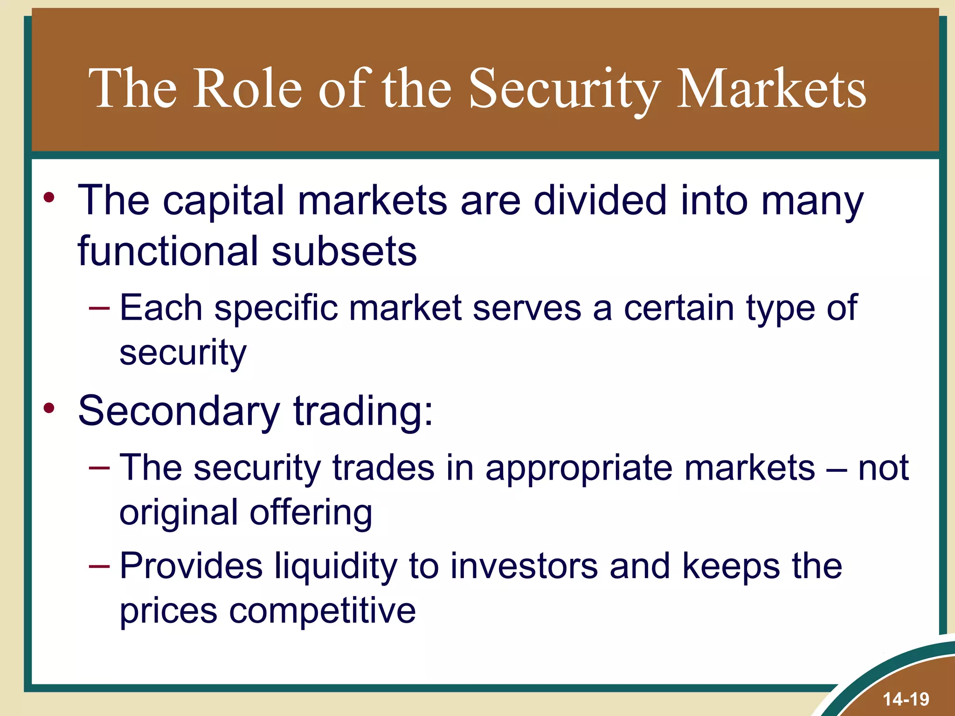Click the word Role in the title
point(248,88)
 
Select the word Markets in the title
point(771,88)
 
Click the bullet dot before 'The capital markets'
point(49,198)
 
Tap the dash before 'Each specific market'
point(99,308)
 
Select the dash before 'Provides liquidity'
point(99,566)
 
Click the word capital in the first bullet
point(223,201)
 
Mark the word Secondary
point(179,411)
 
